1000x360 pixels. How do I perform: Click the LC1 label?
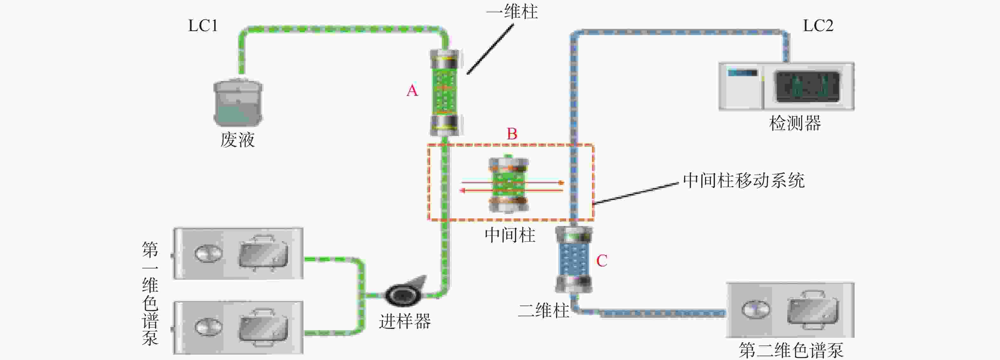[x=203, y=26]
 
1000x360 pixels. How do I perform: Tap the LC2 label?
[x=817, y=26]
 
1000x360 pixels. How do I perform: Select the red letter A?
[x=412, y=90]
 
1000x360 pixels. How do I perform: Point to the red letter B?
[x=512, y=134]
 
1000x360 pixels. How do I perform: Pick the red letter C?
[x=602, y=261]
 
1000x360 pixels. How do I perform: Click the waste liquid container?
[x=238, y=103]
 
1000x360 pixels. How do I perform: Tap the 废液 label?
[x=237, y=140]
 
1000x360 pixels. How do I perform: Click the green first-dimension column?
[x=445, y=92]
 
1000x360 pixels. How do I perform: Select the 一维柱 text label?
[x=512, y=12]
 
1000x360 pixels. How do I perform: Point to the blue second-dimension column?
[x=574, y=259]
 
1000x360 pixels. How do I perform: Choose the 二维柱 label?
[x=543, y=311]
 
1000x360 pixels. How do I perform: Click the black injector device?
[x=404, y=296]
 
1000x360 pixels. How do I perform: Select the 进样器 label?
[x=405, y=322]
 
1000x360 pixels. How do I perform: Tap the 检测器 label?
[x=795, y=123]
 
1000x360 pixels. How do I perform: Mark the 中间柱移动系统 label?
[x=743, y=181]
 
